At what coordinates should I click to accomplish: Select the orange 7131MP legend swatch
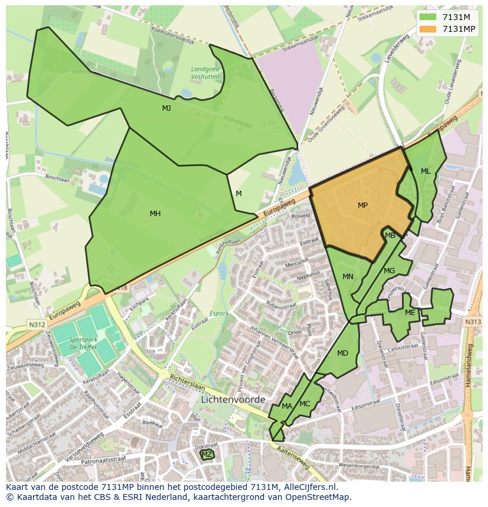coord(428,29)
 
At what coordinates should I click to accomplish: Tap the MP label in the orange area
coord(362,206)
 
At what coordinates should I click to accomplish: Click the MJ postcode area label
coord(167,108)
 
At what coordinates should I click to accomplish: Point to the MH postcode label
coord(155,214)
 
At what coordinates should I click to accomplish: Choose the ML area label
coord(426,171)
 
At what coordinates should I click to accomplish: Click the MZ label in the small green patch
coord(206,455)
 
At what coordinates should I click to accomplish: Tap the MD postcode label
coord(342,353)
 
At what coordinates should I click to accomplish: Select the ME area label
coord(410,313)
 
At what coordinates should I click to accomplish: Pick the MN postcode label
coord(348,277)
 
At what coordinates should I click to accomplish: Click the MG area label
coord(389,271)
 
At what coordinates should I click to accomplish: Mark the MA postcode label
coord(286,406)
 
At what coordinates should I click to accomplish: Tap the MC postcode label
coord(305,404)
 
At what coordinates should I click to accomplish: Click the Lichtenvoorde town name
coord(233,399)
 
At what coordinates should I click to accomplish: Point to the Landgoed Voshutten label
coord(205,72)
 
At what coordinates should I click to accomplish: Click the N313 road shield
coord(473,322)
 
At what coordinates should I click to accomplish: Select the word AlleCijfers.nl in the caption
coord(307,487)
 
